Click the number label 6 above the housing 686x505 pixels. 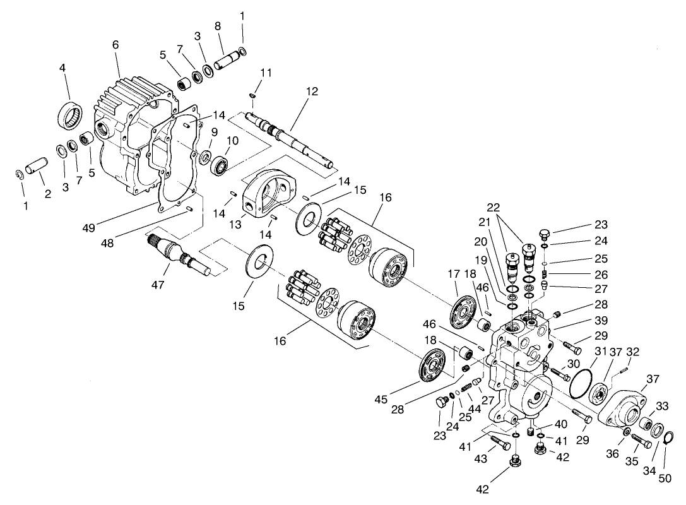[115, 45]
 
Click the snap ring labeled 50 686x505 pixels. [670, 437]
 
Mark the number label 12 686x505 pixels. [311, 92]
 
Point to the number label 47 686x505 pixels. [158, 285]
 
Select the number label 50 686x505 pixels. [665, 478]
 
